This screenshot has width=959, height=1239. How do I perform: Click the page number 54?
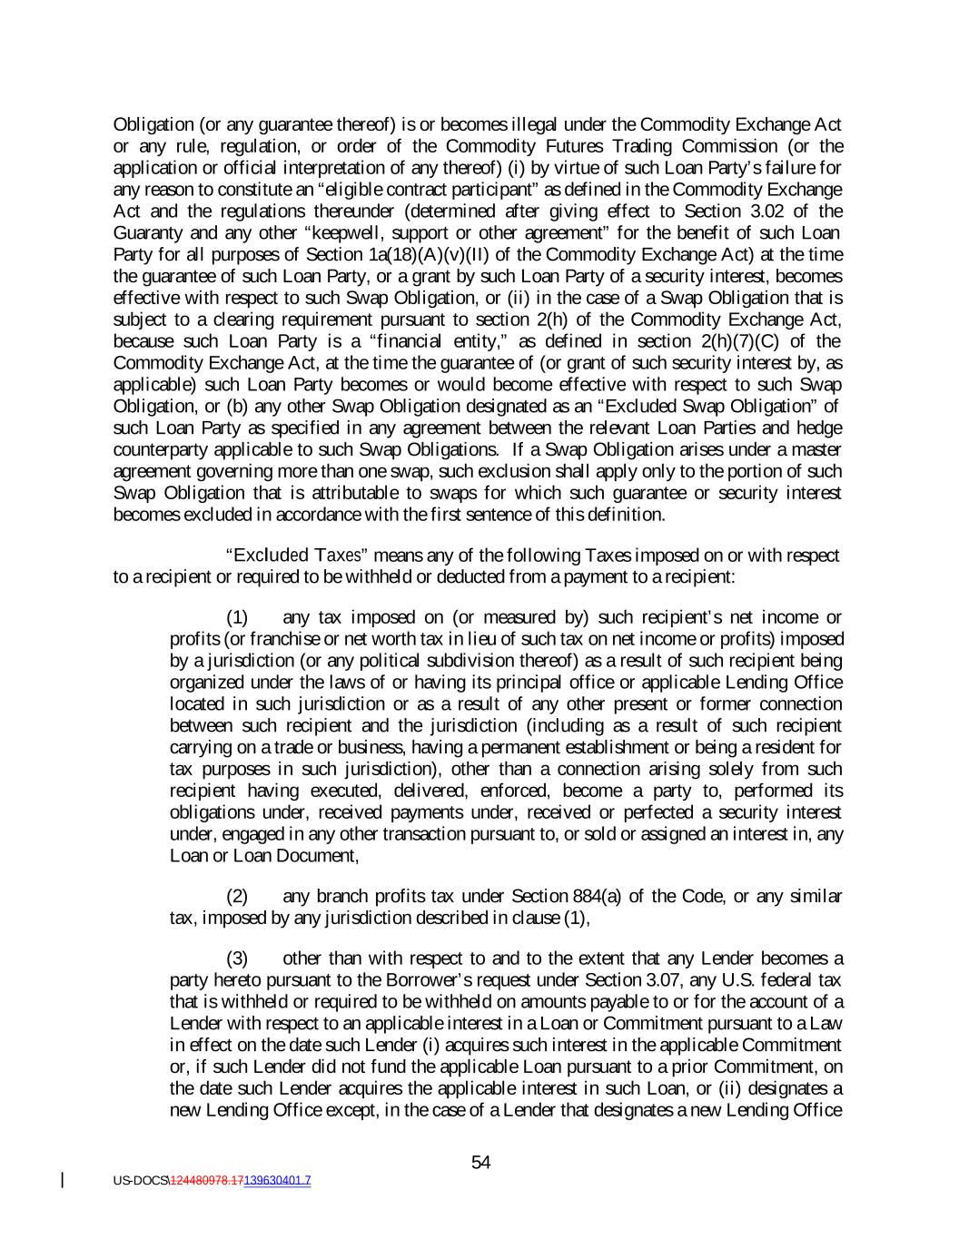pos(481,1163)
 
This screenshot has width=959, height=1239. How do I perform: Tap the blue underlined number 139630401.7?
pos(277,1181)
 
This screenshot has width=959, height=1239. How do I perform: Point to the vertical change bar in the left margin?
pos(63,1180)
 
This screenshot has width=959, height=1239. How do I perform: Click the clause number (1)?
pos(237,617)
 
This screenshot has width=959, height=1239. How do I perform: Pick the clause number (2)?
pos(237,897)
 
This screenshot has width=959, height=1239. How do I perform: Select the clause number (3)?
pos(237,959)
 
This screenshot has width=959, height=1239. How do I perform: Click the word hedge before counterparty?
pos(820,428)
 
